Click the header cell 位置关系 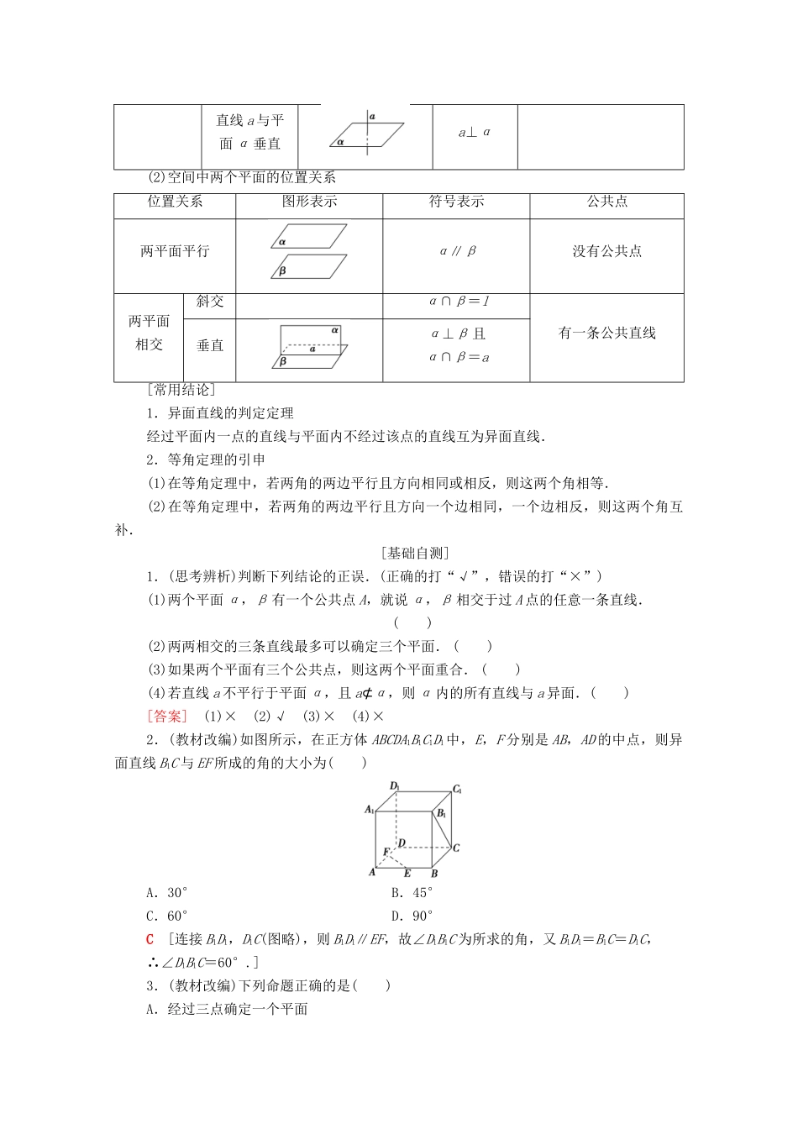coord(175,202)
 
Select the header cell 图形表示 coord(309,202)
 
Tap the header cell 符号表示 coord(456,202)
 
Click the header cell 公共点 coord(606,202)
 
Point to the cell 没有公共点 coord(606,251)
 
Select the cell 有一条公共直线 coord(606,333)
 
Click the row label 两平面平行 coord(175,251)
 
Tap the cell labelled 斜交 coord(210,302)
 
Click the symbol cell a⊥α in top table coord(475,133)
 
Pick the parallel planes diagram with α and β coord(309,251)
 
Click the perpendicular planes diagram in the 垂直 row coord(309,346)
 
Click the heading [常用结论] coord(181,390)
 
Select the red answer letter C coord(150,939)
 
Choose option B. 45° coord(412,893)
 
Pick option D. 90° coord(412,916)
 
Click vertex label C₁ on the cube coord(458,790)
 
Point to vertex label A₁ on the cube coord(369,810)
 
